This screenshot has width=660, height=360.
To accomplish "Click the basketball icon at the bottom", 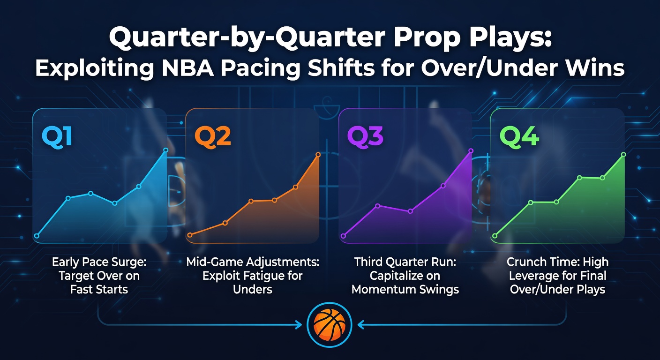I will point(329,324).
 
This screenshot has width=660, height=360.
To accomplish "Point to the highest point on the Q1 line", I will point(165,150).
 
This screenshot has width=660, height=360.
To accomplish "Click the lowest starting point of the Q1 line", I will point(37,236).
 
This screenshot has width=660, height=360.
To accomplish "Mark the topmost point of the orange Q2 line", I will point(318,155).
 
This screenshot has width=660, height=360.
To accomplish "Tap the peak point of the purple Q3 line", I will point(471,151).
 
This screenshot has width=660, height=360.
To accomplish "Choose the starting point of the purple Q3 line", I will point(343,236).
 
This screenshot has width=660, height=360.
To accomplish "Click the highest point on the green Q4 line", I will point(623,154).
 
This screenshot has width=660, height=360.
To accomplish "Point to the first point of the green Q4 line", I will point(495,236).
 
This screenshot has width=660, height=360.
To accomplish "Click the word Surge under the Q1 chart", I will point(124,262).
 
